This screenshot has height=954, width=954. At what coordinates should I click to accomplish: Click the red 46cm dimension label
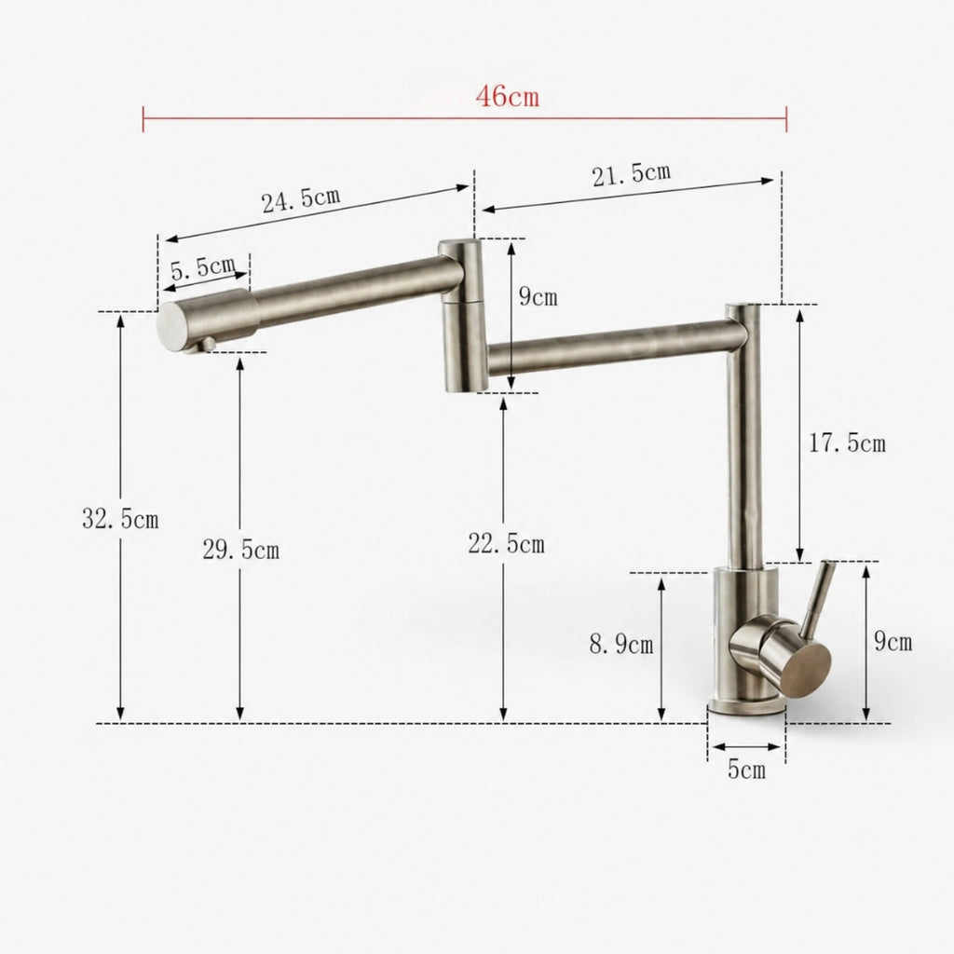pyautogui.click(x=508, y=96)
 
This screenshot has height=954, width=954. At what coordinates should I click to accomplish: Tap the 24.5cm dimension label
pyautogui.click(x=301, y=199)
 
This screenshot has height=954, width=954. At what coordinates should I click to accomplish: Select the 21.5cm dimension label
pyautogui.click(x=632, y=174)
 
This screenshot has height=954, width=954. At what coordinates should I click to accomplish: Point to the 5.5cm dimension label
pyautogui.click(x=202, y=267)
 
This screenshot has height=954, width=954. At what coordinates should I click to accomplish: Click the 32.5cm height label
pyautogui.click(x=120, y=519)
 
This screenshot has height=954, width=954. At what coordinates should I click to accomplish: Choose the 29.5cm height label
pyautogui.click(x=241, y=550)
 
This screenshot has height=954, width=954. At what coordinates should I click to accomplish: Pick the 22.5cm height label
pyautogui.click(x=506, y=543)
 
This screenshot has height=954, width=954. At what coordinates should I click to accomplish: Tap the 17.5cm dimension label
pyautogui.click(x=847, y=443)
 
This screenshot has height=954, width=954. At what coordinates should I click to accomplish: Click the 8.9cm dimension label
pyautogui.click(x=621, y=644)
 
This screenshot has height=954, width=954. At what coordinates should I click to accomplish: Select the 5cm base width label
pyautogui.click(x=746, y=770)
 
